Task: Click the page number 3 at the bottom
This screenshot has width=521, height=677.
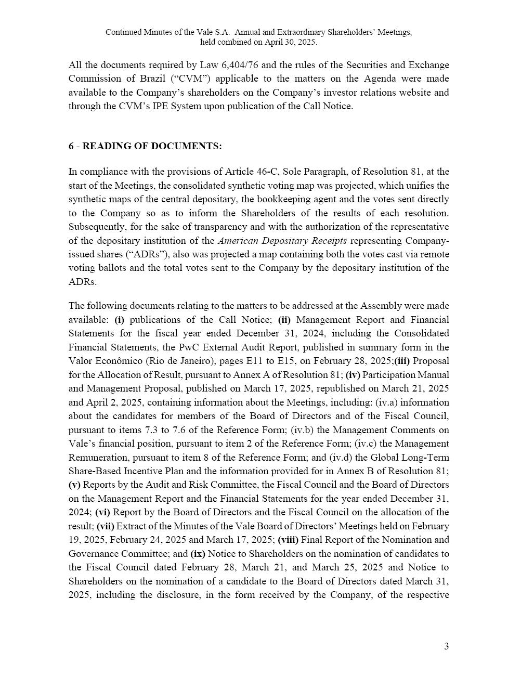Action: (446, 646)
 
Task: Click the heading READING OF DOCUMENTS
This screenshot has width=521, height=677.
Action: (152, 146)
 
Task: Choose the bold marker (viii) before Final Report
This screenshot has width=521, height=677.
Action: (288, 540)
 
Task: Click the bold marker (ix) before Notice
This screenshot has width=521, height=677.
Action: (198, 554)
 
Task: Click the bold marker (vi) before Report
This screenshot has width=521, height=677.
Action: (102, 512)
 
